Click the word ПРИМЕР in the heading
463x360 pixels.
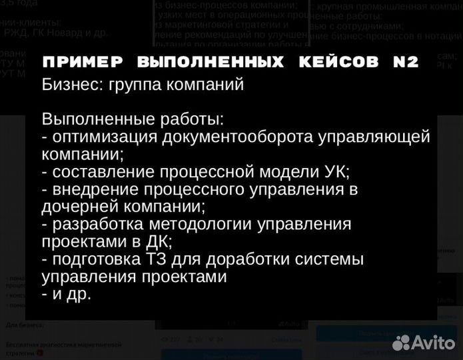click(83, 63)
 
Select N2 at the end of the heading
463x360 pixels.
click(406, 63)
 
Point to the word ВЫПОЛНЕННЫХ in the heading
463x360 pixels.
click(210, 63)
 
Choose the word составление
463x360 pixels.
click(102, 172)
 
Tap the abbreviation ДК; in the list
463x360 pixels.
click(158, 241)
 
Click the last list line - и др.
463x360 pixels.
click(66, 293)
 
